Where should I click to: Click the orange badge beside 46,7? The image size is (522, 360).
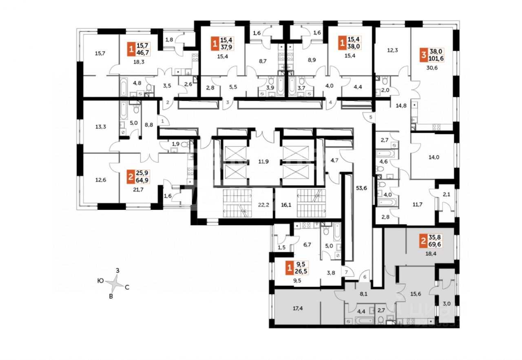pyautogui.click(x=130, y=51)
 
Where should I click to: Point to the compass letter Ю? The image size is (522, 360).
pyautogui.click(x=100, y=280)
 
